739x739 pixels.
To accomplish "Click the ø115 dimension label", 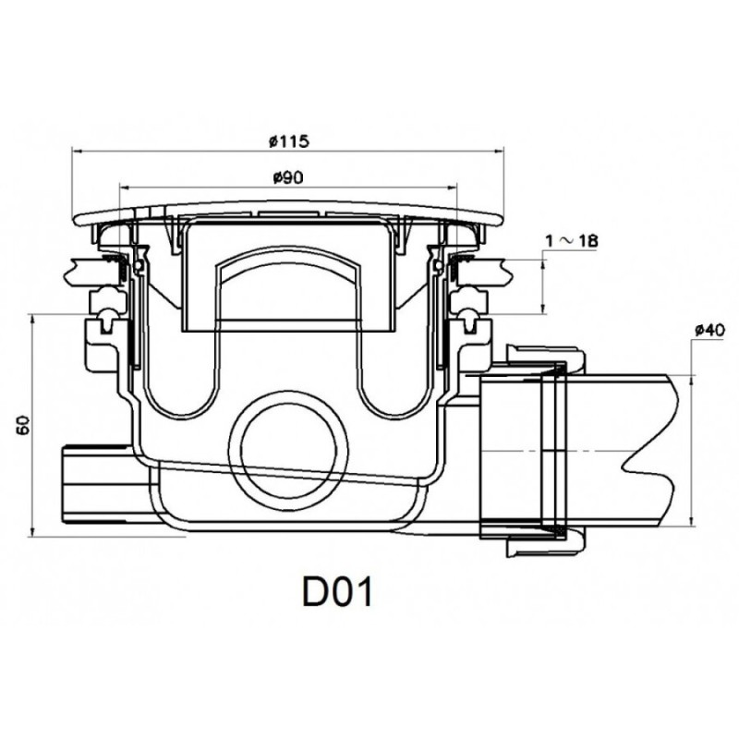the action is click(288, 141).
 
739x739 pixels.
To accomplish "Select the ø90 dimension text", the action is click(288, 177).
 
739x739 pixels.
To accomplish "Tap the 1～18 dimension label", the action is click(571, 241).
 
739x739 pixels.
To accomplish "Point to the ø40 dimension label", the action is click(709, 331).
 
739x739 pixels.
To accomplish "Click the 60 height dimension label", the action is click(25, 425).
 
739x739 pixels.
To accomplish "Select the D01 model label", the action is click(337, 592).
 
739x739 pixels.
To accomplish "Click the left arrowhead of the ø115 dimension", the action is click(77, 151).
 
